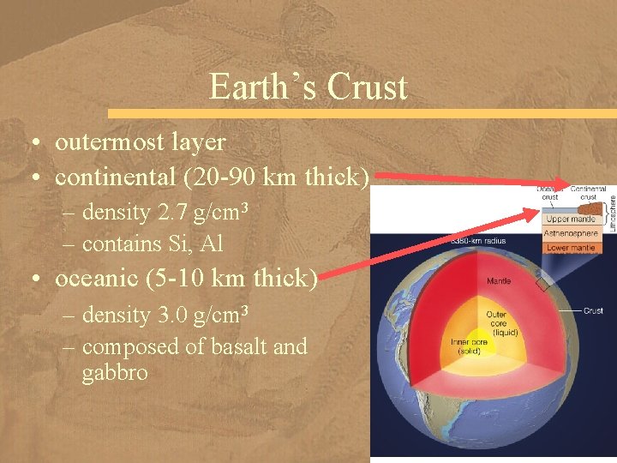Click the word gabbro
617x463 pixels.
click(x=114, y=373)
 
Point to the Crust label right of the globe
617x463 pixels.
click(x=593, y=310)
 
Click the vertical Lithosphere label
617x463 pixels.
click(x=612, y=211)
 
